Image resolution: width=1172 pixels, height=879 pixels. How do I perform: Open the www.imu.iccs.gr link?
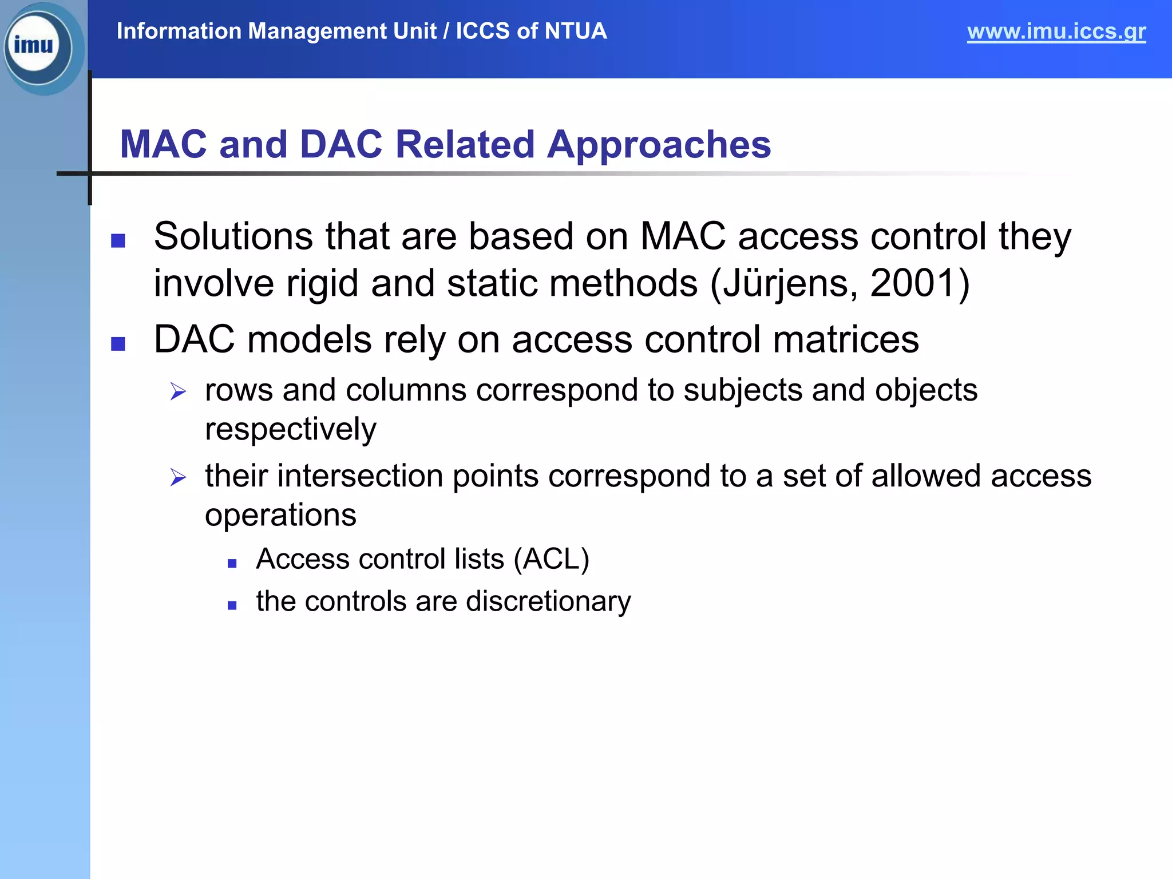(x=1056, y=31)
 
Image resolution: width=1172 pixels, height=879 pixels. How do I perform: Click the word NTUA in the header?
(x=576, y=31)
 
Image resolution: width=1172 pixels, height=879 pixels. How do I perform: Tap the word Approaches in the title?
(x=659, y=144)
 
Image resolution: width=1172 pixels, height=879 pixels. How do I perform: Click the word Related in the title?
(x=465, y=144)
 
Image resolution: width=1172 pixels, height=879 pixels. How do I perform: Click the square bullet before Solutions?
(x=118, y=240)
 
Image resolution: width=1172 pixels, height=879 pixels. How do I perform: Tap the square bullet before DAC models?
(x=118, y=343)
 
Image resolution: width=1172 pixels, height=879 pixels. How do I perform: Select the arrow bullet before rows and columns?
(x=178, y=392)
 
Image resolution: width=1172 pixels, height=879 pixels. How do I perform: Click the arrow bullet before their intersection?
(x=178, y=477)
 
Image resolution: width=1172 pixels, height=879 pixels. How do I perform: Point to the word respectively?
(x=291, y=429)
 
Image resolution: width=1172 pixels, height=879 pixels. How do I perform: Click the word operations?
(x=280, y=515)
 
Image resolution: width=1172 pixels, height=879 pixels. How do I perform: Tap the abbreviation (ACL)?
(x=551, y=559)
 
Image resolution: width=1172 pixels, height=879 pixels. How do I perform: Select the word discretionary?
(x=548, y=601)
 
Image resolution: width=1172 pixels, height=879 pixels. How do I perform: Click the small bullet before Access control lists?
(x=232, y=564)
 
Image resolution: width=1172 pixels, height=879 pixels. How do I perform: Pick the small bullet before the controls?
(x=232, y=605)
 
